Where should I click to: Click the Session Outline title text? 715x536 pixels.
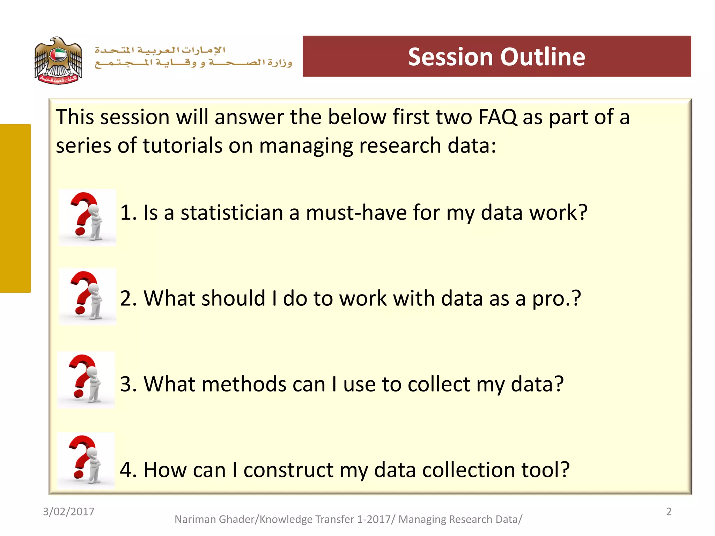coord(496,57)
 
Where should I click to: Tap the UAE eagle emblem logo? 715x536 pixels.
coord(58,60)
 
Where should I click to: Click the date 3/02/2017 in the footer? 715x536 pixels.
coord(68,512)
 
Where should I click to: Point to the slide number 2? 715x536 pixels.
coord(669,512)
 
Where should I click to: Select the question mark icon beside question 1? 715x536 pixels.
coord(87,218)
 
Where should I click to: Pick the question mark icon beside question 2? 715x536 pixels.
coord(87,297)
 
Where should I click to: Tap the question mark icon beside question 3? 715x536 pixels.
coord(86,380)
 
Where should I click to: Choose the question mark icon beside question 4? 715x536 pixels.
coord(86,461)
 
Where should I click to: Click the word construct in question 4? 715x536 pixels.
coord(288,470)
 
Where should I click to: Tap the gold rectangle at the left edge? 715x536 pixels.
coord(15,208)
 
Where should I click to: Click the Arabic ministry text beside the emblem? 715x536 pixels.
coord(193,57)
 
